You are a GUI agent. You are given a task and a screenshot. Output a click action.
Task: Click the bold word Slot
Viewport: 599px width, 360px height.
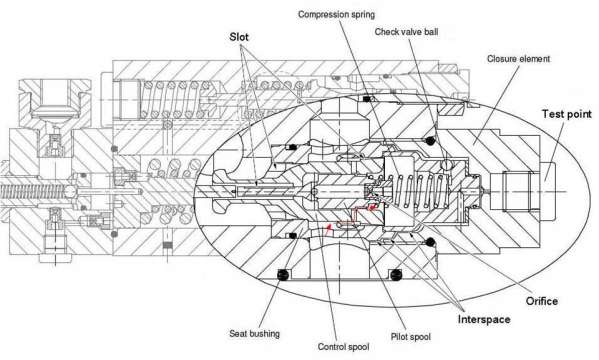239,37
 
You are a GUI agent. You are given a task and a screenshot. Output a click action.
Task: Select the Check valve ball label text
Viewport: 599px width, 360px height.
406,32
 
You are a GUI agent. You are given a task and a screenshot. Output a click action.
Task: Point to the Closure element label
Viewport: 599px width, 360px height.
518,59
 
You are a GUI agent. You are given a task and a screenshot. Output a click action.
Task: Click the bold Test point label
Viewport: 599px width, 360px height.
567,114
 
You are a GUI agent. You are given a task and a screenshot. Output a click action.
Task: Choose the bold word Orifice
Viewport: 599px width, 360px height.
542,301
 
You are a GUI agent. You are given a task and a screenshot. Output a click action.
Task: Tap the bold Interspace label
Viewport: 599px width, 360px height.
484,319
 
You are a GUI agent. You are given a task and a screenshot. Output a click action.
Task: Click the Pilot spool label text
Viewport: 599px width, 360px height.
411,337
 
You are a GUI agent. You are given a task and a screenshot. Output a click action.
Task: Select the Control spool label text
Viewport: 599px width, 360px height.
343,347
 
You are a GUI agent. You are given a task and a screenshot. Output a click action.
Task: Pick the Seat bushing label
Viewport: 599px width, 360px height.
254,334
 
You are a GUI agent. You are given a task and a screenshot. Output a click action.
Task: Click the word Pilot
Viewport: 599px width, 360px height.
398,337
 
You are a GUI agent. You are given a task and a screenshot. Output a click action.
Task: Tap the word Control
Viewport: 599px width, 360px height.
330,347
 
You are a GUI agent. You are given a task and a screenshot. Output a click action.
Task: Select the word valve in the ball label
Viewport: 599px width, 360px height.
411,32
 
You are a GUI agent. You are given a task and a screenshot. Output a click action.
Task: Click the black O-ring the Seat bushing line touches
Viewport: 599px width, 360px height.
283,275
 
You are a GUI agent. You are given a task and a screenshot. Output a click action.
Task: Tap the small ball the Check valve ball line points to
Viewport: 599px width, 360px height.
445,165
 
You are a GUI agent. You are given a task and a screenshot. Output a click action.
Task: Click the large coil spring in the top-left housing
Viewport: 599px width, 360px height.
170,99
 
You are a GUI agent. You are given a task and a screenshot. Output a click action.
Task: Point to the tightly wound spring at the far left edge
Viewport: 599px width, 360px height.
34,191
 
